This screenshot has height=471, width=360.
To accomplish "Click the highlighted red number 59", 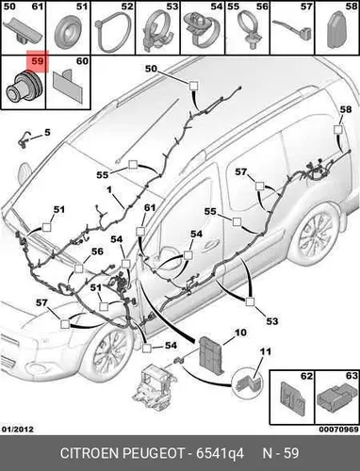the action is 38,60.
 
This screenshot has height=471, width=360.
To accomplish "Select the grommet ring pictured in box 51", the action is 68,32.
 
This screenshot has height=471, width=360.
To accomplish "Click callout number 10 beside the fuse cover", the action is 240,333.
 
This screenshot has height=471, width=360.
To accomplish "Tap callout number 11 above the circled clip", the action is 266,351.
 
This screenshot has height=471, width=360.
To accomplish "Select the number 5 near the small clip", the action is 47,133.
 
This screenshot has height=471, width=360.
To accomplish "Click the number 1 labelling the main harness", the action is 109,189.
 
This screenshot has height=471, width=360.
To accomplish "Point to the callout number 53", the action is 272,321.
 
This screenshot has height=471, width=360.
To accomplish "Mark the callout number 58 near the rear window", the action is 346,109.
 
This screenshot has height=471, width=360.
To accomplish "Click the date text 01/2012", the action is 18,429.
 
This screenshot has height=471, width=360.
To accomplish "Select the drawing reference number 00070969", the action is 338,430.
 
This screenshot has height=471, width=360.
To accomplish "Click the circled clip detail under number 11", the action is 248,383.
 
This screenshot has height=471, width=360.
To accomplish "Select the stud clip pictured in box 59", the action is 24,87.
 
